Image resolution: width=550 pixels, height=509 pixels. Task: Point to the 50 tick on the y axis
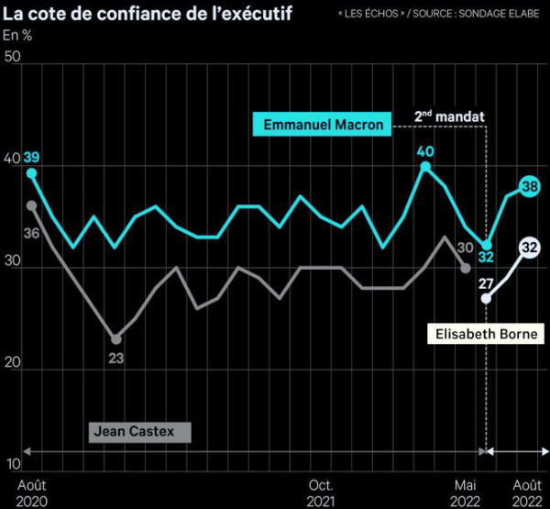[x=13, y=57]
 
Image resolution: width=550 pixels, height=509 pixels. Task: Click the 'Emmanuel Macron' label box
[x=323, y=124]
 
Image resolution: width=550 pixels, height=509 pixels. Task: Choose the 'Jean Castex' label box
[x=140, y=430]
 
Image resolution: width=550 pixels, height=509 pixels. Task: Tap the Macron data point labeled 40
[x=424, y=166]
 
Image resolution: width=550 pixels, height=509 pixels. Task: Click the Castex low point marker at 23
[x=116, y=338]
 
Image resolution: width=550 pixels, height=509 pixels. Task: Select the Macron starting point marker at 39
[x=32, y=172]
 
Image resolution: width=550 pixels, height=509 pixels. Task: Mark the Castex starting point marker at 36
[x=32, y=205]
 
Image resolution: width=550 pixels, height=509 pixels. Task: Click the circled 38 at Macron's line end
[x=529, y=187]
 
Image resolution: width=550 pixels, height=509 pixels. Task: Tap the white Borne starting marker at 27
[x=486, y=299]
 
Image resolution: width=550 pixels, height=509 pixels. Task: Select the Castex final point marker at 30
[x=465, y=268]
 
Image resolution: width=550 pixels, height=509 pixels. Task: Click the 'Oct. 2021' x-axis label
[x=321, y=492]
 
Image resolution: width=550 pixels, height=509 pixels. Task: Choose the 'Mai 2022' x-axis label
[x=465, y=492]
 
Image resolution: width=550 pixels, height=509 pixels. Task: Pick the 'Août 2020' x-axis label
[x=32, y=492]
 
